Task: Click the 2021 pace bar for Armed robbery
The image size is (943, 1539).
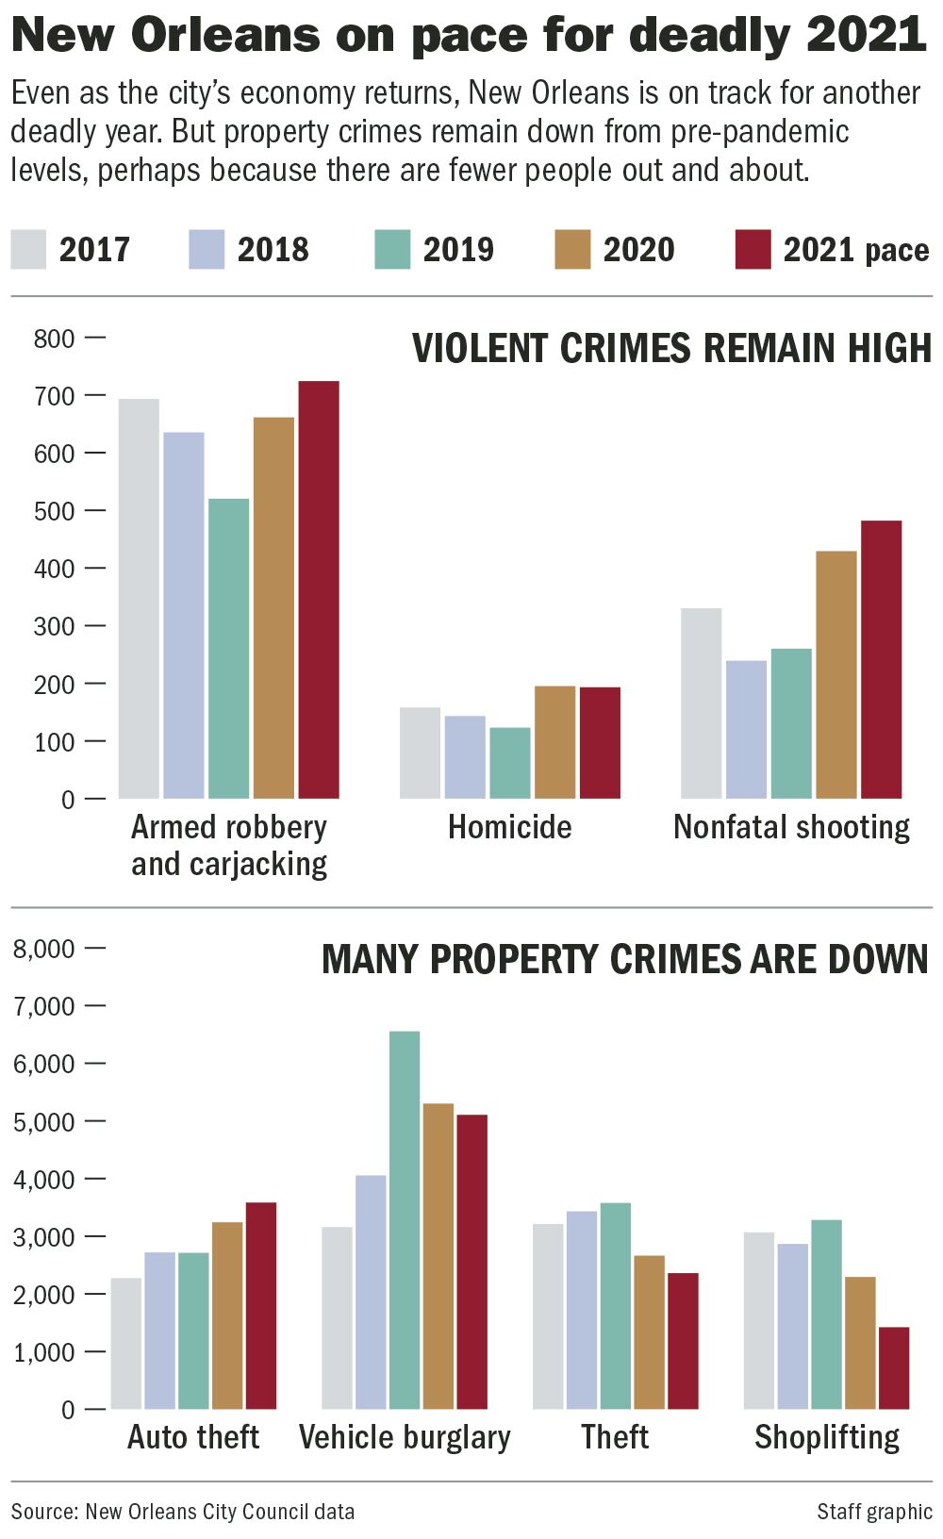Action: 319,590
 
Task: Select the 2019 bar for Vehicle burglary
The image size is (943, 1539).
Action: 405,1220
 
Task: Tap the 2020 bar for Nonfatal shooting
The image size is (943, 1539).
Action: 836,675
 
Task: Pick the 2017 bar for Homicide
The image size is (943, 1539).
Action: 420,753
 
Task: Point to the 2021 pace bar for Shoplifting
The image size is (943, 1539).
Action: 894,1368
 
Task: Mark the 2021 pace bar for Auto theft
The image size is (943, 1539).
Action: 261,1306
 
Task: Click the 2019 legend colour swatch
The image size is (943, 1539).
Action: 392,250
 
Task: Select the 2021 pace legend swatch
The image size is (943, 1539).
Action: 753,250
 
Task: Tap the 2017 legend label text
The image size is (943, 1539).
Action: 94,250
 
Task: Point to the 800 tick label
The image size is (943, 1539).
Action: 54,339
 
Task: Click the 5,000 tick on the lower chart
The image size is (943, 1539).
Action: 43,1122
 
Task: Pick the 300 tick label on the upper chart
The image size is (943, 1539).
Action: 54,627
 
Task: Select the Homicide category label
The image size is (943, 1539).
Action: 509,827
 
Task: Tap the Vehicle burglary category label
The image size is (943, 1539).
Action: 405,1437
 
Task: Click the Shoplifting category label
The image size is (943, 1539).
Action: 827,1437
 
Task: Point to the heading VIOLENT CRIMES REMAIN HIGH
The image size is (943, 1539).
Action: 671,349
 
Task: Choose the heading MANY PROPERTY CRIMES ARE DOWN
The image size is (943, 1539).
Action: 624,960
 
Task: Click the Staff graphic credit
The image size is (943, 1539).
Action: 874,1512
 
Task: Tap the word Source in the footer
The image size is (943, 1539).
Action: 43,1512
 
